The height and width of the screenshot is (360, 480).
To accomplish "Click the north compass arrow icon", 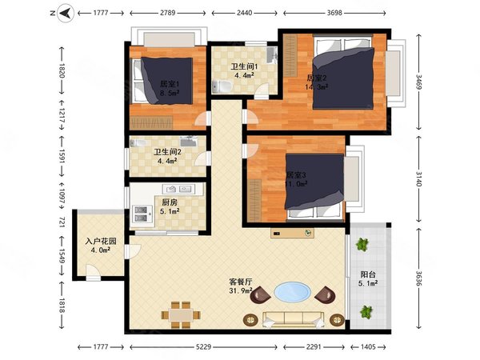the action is click(x=66, y=13).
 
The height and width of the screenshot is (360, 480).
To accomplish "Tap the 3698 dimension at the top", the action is click(x=334, y=13).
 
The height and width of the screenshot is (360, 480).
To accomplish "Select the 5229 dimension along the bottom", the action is click(x=203, y=347).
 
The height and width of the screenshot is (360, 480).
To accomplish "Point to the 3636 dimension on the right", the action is click(x=418, y=278).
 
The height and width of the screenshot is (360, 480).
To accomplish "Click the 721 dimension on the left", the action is click(x=62, y=222).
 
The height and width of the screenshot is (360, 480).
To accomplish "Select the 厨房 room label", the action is click(x=170, y=202).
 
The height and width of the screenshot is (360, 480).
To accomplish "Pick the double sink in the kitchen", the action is click(x=178, y=189).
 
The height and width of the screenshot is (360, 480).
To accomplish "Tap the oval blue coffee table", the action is click(x=292, y=292).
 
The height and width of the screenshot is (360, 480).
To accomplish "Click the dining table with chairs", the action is click(x=181, y=315).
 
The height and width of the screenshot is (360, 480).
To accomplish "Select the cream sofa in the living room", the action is click(x=294, y=319).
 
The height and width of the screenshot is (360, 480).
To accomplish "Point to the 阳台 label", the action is click(x=368, y=274).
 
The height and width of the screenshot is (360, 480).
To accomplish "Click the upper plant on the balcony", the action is click(x=362, y=245).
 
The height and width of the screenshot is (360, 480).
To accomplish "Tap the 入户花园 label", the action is click(x=101, y=241).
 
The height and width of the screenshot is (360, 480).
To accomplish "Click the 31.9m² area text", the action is click(x=241, y=290).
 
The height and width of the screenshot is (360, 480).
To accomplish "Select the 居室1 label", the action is click(x=170, y=83).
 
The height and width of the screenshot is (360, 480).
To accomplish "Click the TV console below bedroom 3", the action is click(x=292, y=233).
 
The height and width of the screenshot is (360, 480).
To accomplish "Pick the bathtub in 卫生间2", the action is click(x=139, y=143).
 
